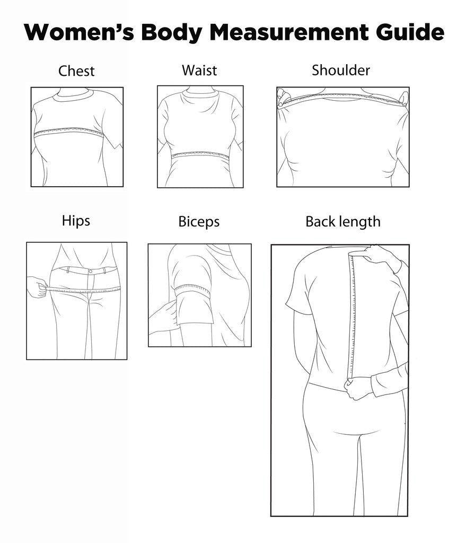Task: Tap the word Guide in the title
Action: [410, 32]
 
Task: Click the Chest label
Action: [76, 71]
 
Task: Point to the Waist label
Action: [199, 71]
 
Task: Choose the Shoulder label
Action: [341, 70]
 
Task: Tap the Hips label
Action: [76, 221]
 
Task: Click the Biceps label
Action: [199, 222]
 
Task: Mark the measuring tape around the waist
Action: [201, 154]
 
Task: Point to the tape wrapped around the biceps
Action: [193, 290]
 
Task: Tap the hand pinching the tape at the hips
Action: [38, 287]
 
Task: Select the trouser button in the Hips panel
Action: [90, 271]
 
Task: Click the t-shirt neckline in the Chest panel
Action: [73, 95]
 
